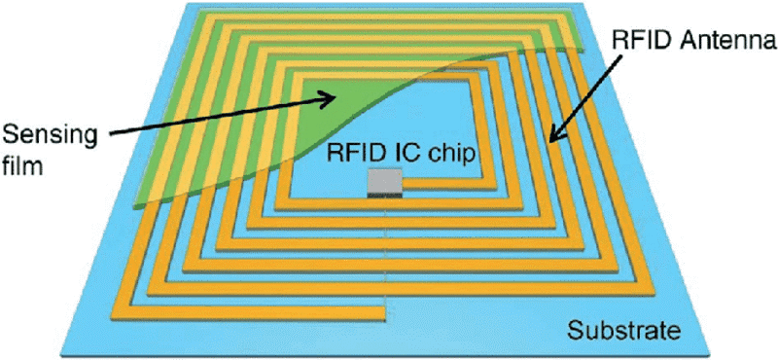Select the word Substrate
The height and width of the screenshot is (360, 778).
point(622,329)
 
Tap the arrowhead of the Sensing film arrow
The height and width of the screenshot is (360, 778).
point(329,99)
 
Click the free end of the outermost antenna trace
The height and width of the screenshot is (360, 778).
point(383,313)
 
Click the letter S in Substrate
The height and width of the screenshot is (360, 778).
point(576,329)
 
